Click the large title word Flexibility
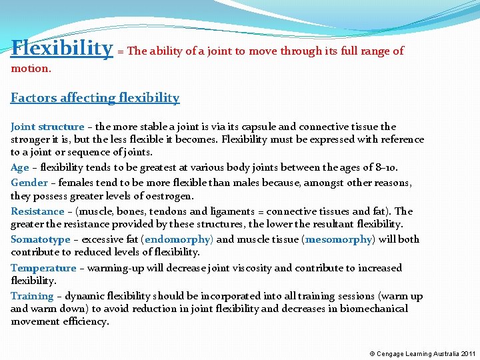coord(62,48)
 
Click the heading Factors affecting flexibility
coord(95,98)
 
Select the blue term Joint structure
coord(47,127)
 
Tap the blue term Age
coord(20,168)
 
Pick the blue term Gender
coord(29,183)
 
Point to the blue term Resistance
coord(37,211)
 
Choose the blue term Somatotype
coord(41,239)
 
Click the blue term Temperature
coord(43,268)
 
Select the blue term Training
coord(32,296)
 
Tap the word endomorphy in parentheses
coord(177,239)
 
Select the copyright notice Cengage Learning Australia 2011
coord(423,353)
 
